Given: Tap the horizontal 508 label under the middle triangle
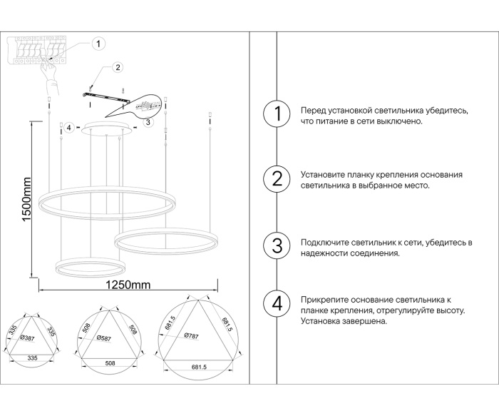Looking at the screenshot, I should pyautogui.click(x=108, y=362).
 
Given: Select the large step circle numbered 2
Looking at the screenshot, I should pyautogui.click(x=277, y=179).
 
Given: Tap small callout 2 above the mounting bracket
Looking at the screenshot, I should pyautogui.click(x=118, y=69).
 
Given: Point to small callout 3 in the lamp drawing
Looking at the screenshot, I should pyautogui.click(x=147, y=122).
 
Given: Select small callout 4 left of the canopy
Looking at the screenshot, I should pyautogui.click(x=68, y=128).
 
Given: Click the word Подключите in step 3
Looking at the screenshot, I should pyautogui.click(x=324, y=243).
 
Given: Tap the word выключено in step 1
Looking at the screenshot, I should pyautogui.click(x=401, y=121).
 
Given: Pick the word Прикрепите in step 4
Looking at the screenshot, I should pyautogui.click(x=324, y=300).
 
